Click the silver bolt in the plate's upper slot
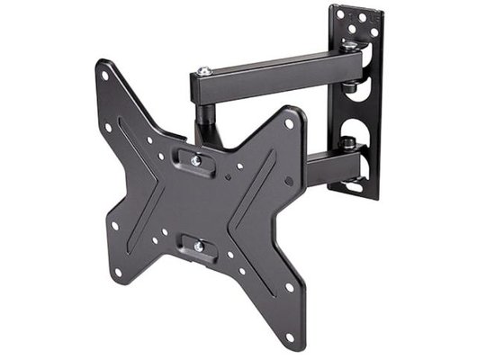[x=196, y=160]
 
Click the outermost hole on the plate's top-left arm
[x=105, y=76]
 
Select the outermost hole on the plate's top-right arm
[x=288, y=123]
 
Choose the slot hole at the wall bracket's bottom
[x=355, y=187]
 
